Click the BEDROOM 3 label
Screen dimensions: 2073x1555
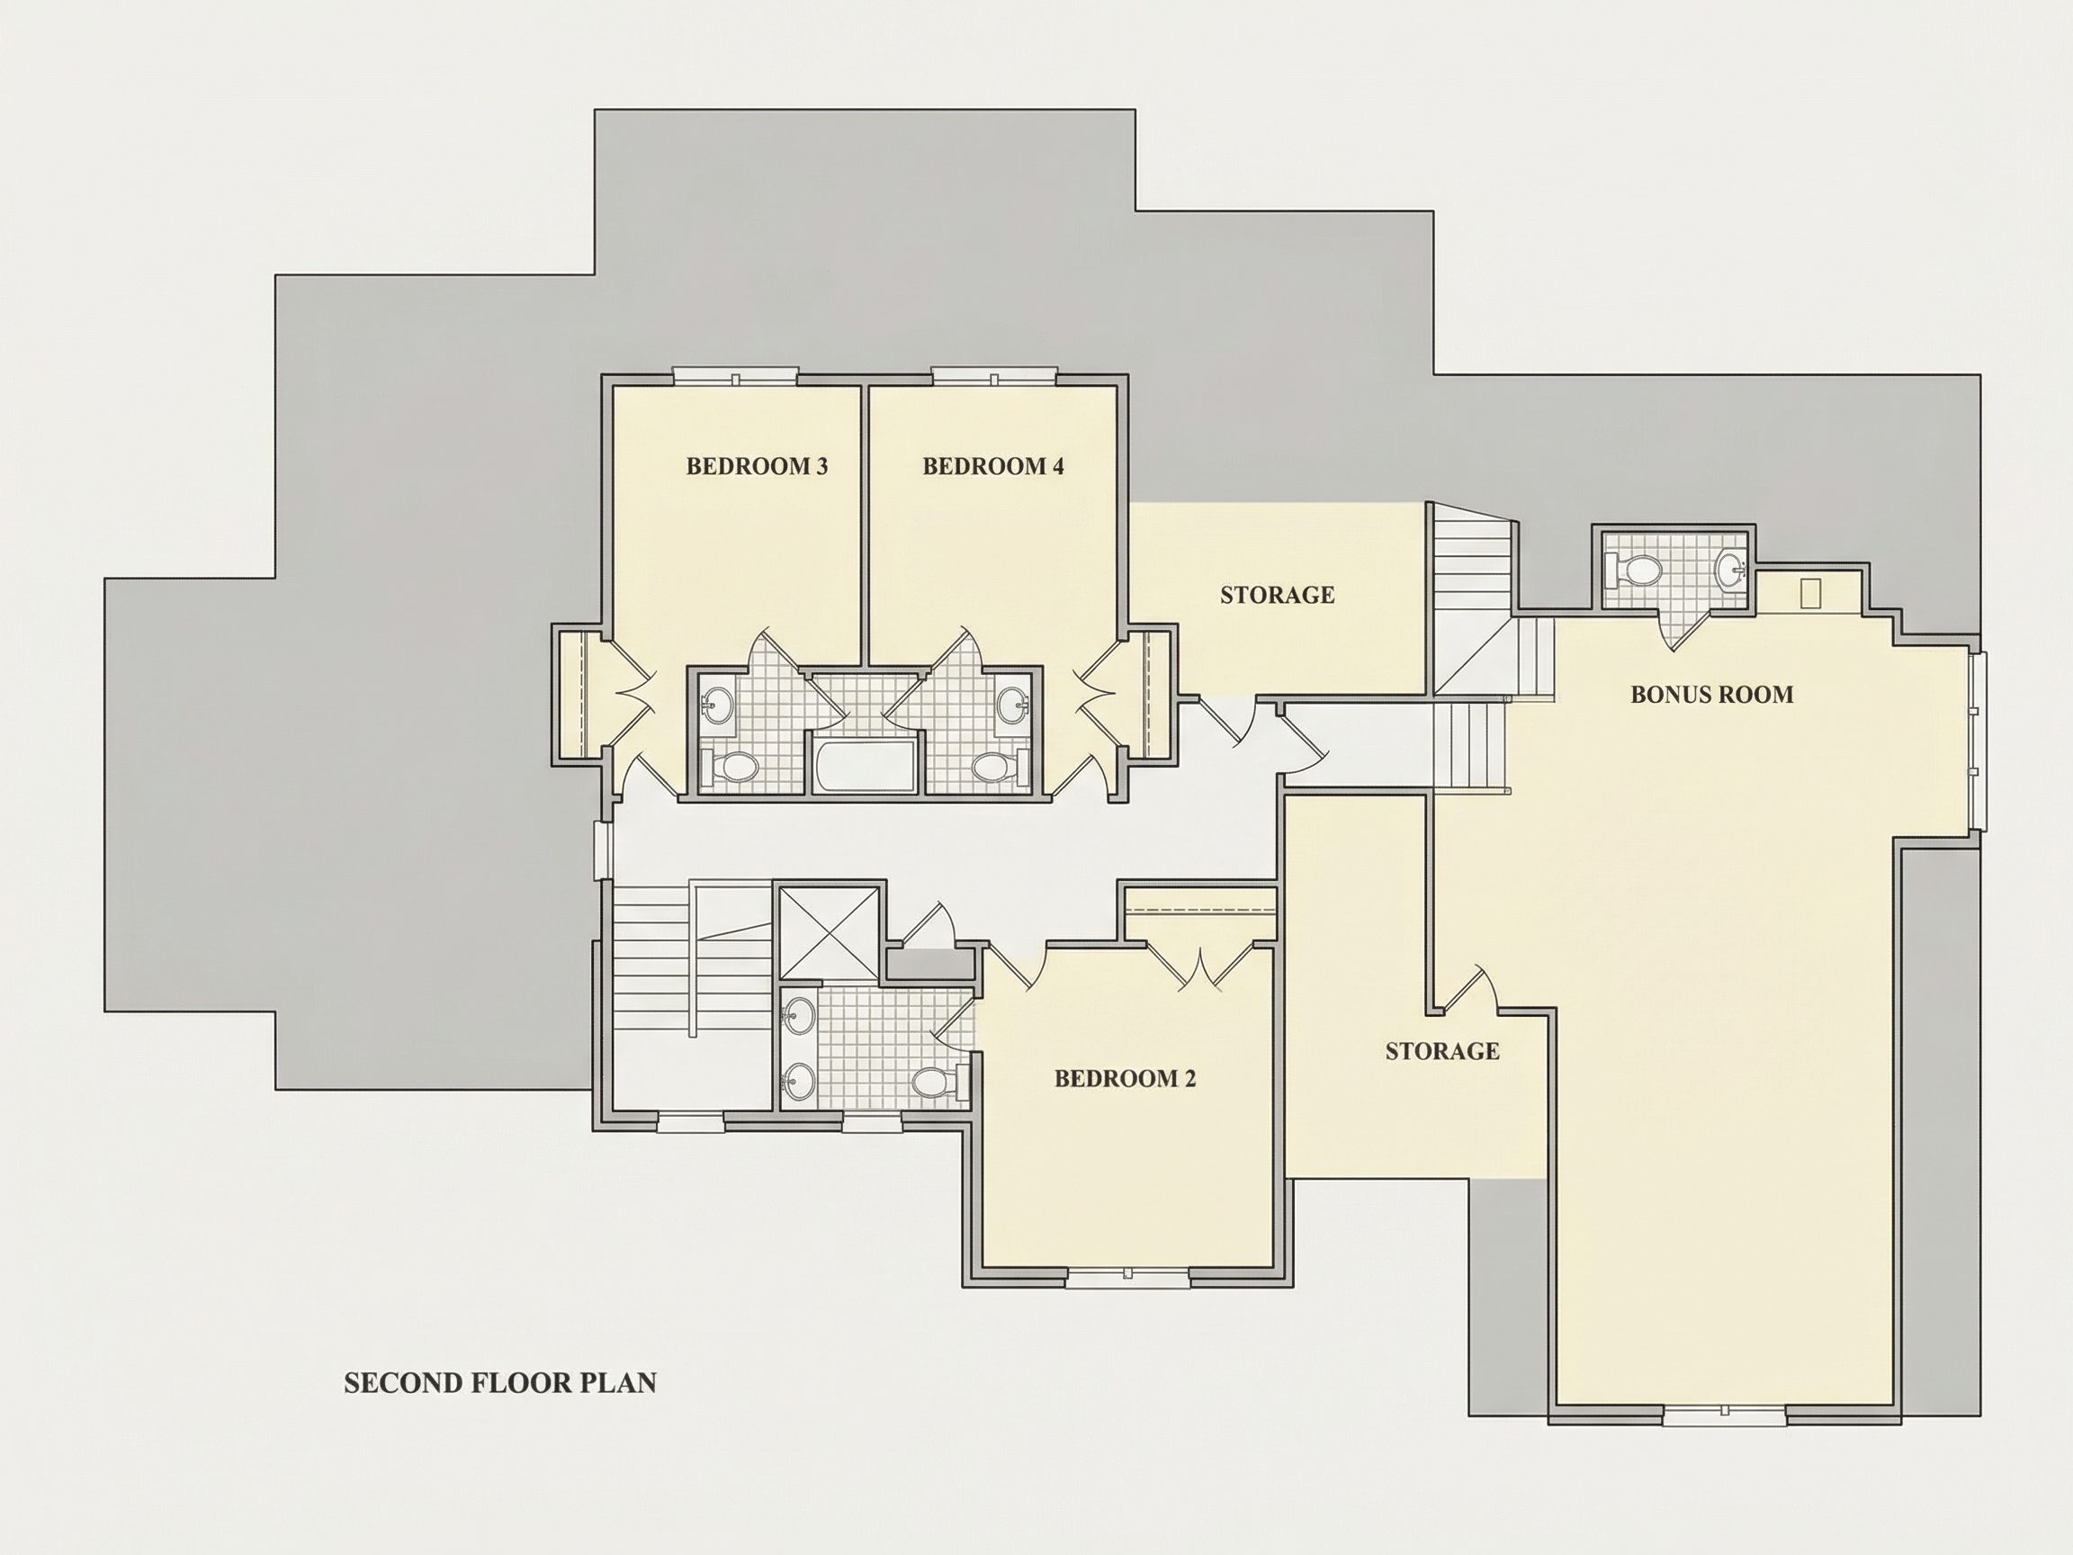point(757,466)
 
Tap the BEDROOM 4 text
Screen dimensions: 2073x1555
point(992,466)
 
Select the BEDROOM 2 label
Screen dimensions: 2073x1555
point(1125,1078)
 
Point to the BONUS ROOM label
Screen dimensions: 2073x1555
point(1711,695)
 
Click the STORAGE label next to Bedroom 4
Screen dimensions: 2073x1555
point(1278,594)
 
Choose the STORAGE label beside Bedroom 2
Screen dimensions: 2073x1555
point(1442,1051)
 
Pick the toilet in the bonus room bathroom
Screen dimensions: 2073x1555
point(1631,567)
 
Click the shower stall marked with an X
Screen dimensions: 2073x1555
point(829,932)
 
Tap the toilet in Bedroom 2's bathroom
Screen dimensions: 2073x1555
point(938,1083)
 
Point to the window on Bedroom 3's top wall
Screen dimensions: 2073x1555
point(736,378)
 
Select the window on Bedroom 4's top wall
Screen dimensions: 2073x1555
point(994,378)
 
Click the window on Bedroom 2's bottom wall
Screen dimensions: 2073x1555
point(1127,1277)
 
